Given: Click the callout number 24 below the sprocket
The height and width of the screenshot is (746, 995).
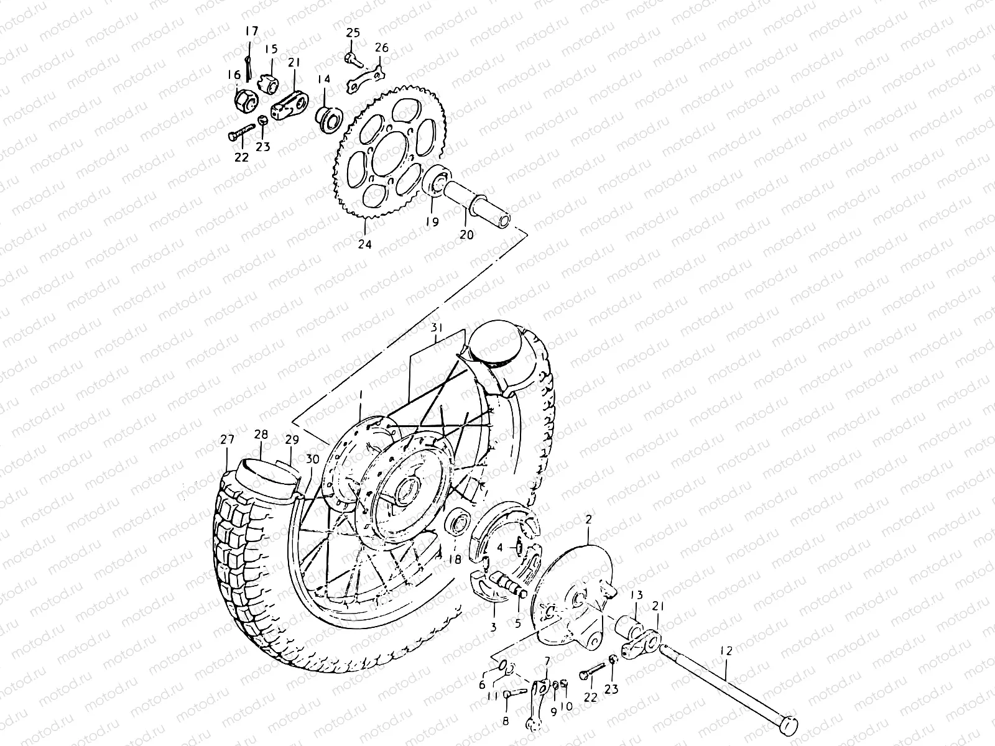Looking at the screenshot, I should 364,244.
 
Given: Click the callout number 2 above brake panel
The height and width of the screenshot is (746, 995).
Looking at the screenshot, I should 589,518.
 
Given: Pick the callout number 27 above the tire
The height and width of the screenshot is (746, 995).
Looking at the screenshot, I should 227,440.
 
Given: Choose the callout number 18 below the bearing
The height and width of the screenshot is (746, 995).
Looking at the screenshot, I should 455,559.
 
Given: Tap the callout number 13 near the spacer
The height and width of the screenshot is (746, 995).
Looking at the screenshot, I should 636,596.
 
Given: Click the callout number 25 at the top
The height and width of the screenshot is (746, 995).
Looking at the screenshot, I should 353,32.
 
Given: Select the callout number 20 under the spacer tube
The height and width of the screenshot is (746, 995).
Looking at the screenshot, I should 466,234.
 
